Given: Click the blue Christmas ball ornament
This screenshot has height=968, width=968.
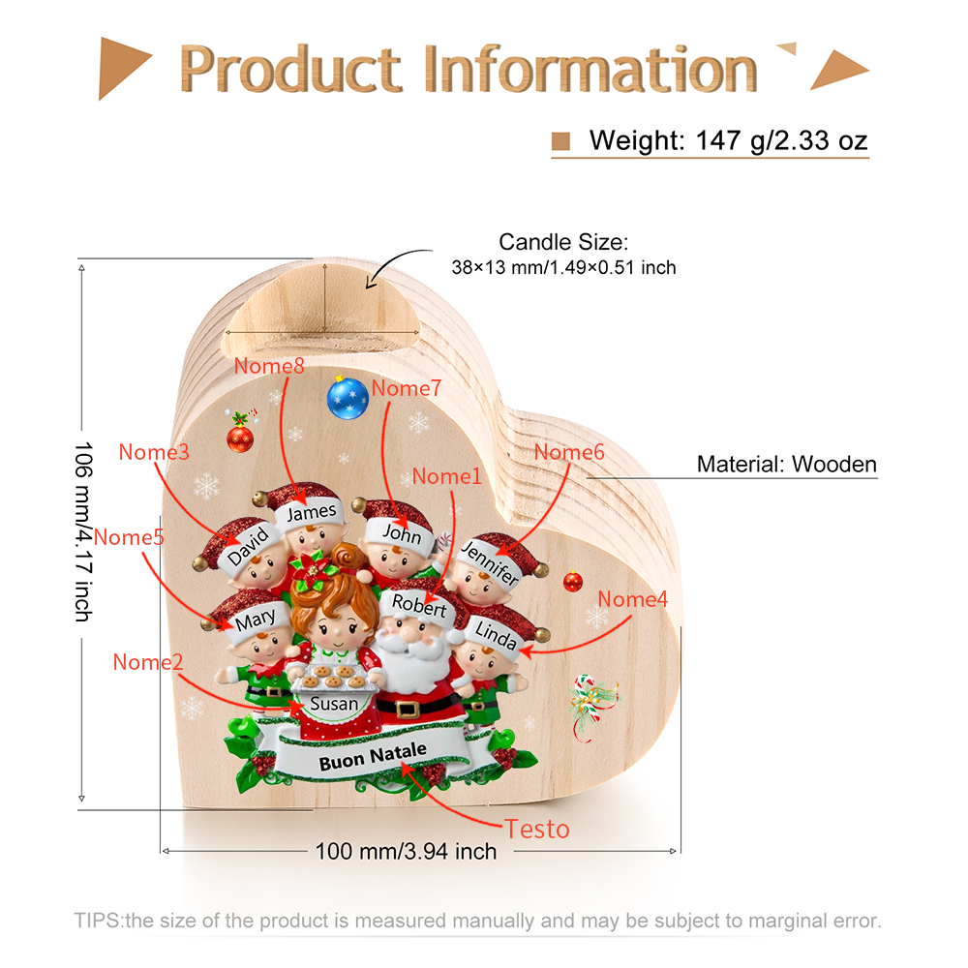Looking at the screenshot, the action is pos(348,398).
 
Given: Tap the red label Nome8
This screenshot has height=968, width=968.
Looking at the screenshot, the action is pos(269,366).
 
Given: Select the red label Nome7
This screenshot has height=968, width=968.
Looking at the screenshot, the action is pos(407,388).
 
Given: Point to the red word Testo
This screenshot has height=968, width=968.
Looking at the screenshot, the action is pos(537,830).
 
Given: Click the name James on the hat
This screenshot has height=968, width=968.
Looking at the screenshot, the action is pos(312,512).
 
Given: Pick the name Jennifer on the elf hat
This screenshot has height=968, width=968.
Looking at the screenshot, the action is pos(490,561).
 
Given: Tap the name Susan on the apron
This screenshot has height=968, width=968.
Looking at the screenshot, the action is pos(334,704).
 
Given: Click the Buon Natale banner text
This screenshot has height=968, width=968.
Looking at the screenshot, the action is pos(373,756).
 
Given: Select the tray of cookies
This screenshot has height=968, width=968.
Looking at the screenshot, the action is pos(331,677).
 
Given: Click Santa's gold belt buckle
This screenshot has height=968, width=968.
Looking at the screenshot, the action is pos(408,709).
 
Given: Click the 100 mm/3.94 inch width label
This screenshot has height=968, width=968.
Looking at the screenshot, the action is pos(407,851).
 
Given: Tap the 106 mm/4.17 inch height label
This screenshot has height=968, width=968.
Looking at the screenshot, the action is pos(83,531).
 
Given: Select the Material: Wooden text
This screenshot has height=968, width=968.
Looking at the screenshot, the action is pos(786,465).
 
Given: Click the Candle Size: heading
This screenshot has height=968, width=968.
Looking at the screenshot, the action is pos(563,242).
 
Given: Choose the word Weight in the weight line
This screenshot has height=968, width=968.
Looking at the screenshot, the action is pos(637,140).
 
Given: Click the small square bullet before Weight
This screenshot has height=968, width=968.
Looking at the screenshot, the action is pos(560,141).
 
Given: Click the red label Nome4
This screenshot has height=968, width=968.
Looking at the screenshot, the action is pos(633,599).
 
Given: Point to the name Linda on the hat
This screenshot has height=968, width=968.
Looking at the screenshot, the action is pos(496,636).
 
